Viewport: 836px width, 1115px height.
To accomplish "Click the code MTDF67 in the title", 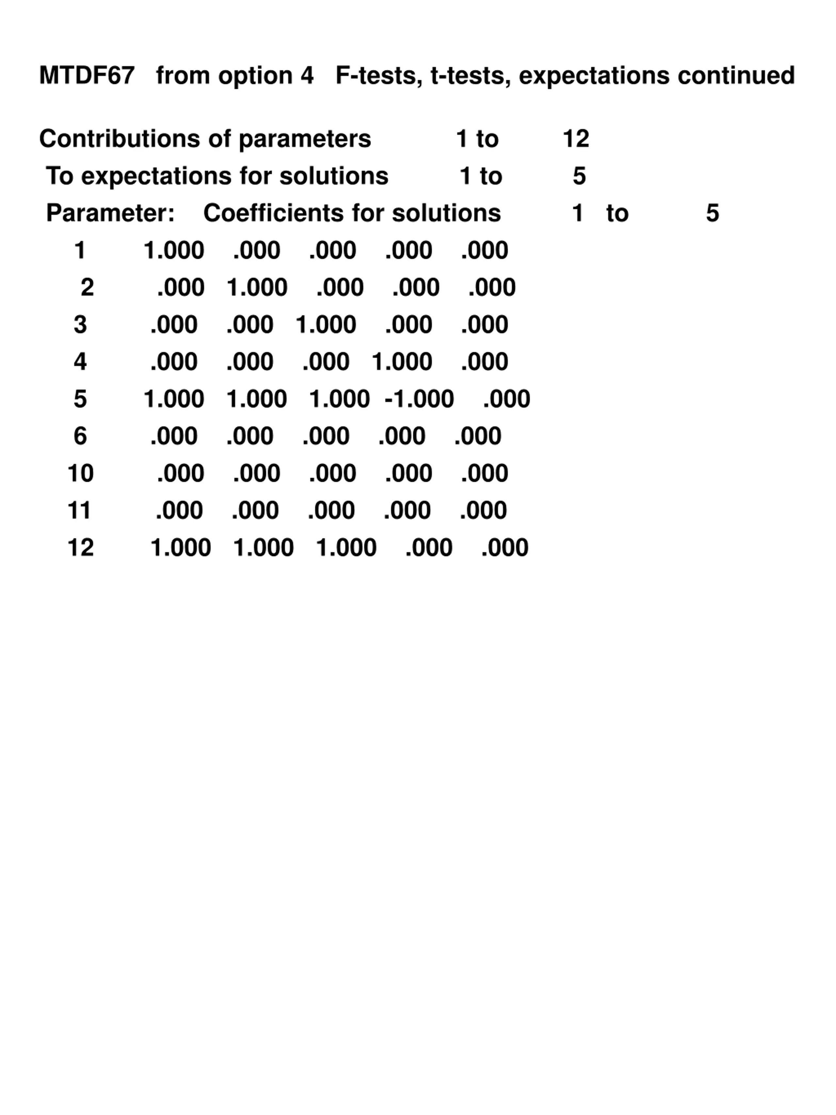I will click(x=87, y=75).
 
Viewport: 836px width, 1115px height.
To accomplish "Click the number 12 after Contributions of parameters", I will click(x=575, y=139).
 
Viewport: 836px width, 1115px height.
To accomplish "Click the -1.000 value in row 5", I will click(x=419, y=399).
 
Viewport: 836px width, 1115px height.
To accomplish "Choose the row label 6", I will click(x=80, y=436).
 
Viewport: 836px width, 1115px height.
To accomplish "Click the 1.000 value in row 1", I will click(x=174, y=251).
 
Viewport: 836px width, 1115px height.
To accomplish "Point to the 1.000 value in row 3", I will click(x=326, y=325).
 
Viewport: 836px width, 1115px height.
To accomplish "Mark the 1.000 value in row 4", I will click(x=402, y=362).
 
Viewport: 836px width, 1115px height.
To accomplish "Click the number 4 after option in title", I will click(x=307, y=75).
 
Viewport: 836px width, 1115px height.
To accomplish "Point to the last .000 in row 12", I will click(x=505, y=548).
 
